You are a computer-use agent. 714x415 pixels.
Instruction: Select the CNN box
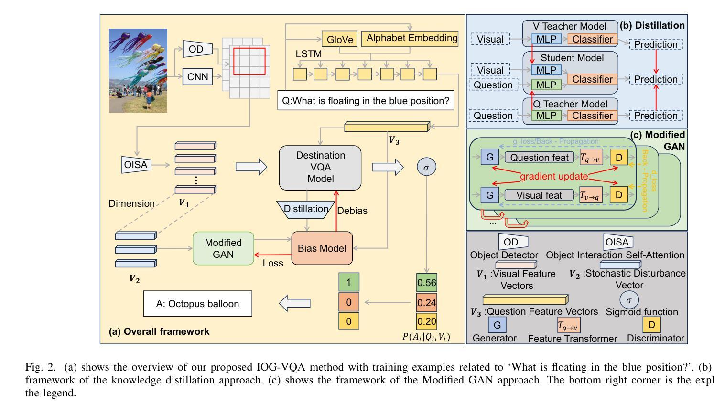pyautogui.click(x=197, y=76)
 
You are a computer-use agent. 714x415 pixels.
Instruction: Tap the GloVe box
pyautogui.click(x=339, y=40)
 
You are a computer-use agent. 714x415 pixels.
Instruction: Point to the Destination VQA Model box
pyautogui.click(x=320, y=167)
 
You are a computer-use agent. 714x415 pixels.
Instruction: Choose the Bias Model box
pyautogui.click(x=322, y=248)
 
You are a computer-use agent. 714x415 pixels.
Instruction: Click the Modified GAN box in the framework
pyautogui.click(x=223, y=248)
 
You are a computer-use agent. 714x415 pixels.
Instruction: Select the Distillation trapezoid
pyautogui.click(x=306, y=209)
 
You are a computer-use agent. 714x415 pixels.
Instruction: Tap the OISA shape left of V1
pyautogui.click(x=136, y=165)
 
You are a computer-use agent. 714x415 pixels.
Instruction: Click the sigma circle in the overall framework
pyautogui.click(x=426, y=167)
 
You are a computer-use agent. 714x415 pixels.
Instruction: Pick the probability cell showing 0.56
pyautogui.click(x=426, y=283)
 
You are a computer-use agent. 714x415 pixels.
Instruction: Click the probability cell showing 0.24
pyautogui.click(x=426, y=303)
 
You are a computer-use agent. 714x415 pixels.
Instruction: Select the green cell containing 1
pyautogui.click(x=348, y=282)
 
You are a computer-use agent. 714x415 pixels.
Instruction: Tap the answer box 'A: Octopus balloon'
pyautogui.click(x=197, y=304)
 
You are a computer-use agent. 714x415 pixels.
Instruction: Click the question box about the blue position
pyautogui.click(x=366, y=101)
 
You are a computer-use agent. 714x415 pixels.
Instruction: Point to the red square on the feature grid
pyautogui.click(x=249, y=61)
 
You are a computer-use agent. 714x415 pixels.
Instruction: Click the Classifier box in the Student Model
pyautogui.click(x=592, y=79)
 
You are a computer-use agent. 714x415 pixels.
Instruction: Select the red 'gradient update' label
pyautogui.click(x=553, y=176)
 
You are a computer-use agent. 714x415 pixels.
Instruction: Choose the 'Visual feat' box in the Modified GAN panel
pyautogui.click(x=539, y=195)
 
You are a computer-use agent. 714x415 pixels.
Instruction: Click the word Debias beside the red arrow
pyautogui.click(x=352, y=211)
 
